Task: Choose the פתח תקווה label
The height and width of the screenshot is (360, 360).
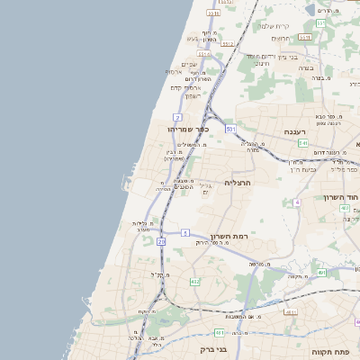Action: (x=329, y=351)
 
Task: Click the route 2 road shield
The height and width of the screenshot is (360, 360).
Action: (x=178, y=118)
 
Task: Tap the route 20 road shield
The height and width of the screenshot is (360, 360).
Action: (x=161, y=241)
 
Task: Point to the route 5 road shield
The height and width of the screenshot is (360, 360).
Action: (x=184, y=232)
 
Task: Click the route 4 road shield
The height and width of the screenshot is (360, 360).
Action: (x=297, y=202)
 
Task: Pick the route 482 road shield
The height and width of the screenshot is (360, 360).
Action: (x=195, y=282)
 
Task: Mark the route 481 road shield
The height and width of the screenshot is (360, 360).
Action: (x=219, y=333)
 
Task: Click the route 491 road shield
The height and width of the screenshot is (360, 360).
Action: (x=321, y=272)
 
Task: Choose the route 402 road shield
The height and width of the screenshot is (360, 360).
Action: (x=345, y=208)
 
